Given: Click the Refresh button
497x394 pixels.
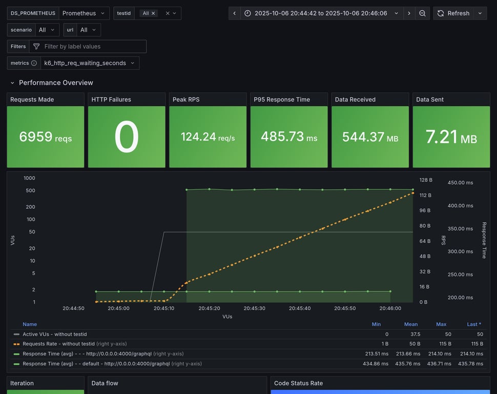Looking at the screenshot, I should click(x=453, y=13).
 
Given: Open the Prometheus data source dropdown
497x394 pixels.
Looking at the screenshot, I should click(x=84, y=13).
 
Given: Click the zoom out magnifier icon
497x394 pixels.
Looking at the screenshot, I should click(x=422, y=13).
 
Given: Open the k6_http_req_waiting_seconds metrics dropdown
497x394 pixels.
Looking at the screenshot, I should click(x=90, y=63).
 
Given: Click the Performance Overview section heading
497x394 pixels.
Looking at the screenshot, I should click(x=56, y=83).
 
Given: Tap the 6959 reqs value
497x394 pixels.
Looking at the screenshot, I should click(x=45, y=137).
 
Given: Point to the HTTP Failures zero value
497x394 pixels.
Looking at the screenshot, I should click(x=127, y=137).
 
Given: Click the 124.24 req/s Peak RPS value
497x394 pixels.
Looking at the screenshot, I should click(x=208, y=137).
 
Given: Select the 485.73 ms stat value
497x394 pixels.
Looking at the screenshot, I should click(x=288, y=137).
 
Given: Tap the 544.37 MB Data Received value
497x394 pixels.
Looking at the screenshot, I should click(x=370, y=137).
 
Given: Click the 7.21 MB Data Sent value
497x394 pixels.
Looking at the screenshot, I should click(x=451, y=137).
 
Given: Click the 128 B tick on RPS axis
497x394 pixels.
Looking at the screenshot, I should click(x=426, y=180).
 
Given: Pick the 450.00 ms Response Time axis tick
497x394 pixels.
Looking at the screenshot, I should click(x=460, y=183).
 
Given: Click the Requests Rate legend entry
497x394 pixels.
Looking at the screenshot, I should click(x=58, y=344).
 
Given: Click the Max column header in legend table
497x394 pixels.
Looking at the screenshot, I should click(x=441, y=324).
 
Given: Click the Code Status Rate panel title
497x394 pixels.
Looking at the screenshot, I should click(x=298, y=383).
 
